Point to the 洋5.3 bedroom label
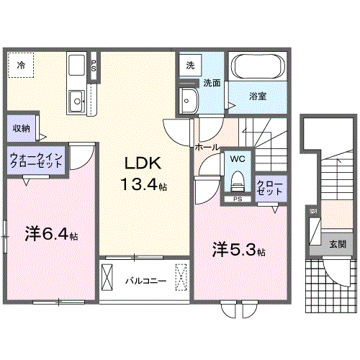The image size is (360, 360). click(x=238, y=250)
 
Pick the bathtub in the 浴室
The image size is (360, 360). click(x=258, y=68)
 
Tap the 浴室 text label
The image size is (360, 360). click(x=258, y=95)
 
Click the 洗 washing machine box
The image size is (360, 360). click(x=189, y=65)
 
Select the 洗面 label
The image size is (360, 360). click(x=210, y=82)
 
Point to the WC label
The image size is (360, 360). click(x=237, y=157)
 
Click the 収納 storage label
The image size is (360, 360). click(x=21, y=128)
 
